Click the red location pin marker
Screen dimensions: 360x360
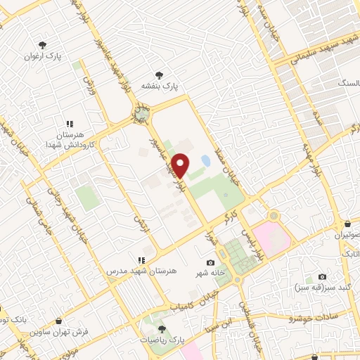click(x=181, y=165)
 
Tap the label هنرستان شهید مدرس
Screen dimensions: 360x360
click(x=138, y=270)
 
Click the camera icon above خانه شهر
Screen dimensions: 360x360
click(x=210, y=262)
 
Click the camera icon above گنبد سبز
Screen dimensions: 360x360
click(x=322, y=276)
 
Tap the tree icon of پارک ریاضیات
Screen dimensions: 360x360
click(x=161, y=328)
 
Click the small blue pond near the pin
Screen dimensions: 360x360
click(x=205, y=161)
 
